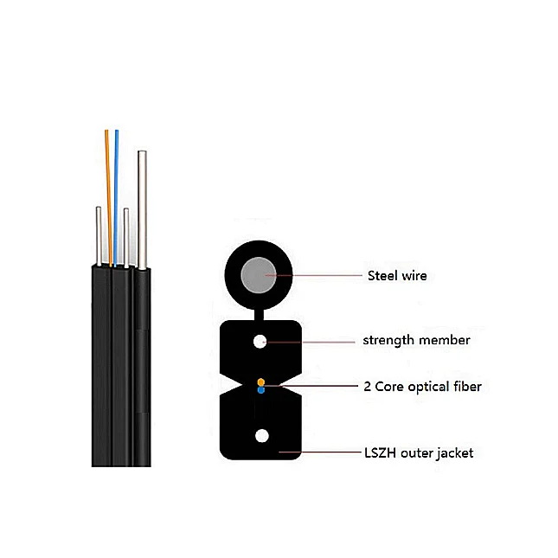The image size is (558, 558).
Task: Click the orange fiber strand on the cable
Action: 108,190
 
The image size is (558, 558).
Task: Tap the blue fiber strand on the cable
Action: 116,190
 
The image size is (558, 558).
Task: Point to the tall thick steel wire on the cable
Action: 141,208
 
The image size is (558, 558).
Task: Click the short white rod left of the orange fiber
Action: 99,234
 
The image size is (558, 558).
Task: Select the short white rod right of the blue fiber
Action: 126,235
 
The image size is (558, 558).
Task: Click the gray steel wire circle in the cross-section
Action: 260,276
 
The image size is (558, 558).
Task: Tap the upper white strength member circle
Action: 260,341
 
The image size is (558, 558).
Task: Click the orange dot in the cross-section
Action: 260,382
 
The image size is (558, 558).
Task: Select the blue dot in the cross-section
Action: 260,390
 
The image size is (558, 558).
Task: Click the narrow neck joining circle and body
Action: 260,313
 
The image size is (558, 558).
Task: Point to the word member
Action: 446,340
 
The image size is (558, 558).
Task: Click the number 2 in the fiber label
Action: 368,387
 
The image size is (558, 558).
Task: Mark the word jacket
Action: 454,452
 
